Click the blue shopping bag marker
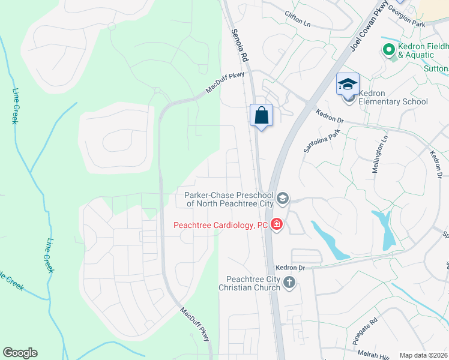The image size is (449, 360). [x=261, y=115]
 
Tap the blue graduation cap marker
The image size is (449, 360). [x=348, y=84]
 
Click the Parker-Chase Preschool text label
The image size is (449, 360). [x=228, y=199]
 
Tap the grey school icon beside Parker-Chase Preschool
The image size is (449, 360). [x=283, y=198]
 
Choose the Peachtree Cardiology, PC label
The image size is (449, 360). [x=220, y=226]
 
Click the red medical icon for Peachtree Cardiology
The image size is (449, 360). [x=277, y=225]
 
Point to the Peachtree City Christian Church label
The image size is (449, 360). [x=253, y=283]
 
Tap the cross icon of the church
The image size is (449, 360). [x=290, y=283]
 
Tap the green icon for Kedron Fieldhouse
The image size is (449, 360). [x=388, y=49]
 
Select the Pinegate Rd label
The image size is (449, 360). [x=365, y=329]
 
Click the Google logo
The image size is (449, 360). [x=20, y=353]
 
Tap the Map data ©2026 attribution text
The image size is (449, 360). [x=423, y=355]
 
